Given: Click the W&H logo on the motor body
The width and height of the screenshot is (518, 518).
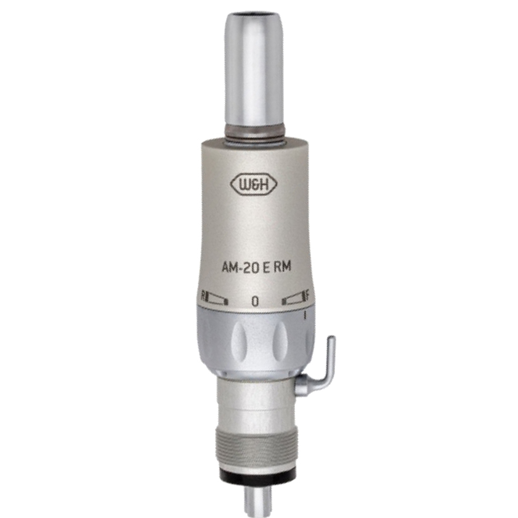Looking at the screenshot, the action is click(254, 184).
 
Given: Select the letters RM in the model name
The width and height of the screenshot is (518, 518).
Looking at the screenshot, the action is click(283, 266).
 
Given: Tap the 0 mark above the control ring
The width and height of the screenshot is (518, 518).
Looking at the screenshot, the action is click(255, 301).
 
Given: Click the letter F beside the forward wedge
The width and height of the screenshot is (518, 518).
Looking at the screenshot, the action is click(307, 296).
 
